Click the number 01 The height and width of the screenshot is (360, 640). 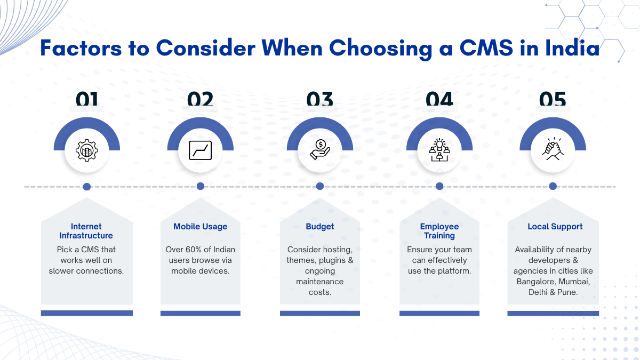tap(87, 99)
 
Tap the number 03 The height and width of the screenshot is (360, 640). tap(319, 99)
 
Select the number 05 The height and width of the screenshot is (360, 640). tap(553, 99)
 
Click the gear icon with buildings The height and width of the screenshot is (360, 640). tap(87, 150)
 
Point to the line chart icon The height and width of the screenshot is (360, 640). tap(201, 150)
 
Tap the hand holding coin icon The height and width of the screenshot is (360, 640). tap(320, 149)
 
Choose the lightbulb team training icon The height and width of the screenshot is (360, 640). tap(439, 150)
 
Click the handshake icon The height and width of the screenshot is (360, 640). tap(553, 149)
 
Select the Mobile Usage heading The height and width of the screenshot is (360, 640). tap(201, 227)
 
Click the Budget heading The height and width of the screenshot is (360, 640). tap(319, 227)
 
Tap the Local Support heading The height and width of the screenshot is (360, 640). tap(555, 227)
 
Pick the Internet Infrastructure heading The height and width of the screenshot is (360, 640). tap(86, 231)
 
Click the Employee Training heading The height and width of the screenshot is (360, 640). tap(439, 231)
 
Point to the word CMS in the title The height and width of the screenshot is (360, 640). tap(486, 47)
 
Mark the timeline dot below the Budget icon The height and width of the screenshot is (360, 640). tap(320, 186)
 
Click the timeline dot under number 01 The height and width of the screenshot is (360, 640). tap(87, 187)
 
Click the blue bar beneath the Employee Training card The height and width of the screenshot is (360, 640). tap(439, 314)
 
